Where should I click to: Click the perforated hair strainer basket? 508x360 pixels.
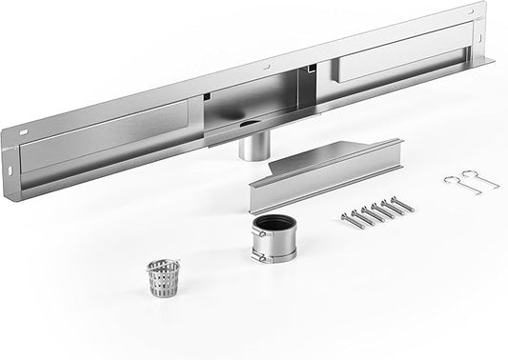[163, 278]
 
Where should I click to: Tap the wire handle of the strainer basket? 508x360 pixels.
[163, 262]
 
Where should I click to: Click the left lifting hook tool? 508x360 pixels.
[454, 180]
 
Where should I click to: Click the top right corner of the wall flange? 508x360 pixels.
[484, 6]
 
